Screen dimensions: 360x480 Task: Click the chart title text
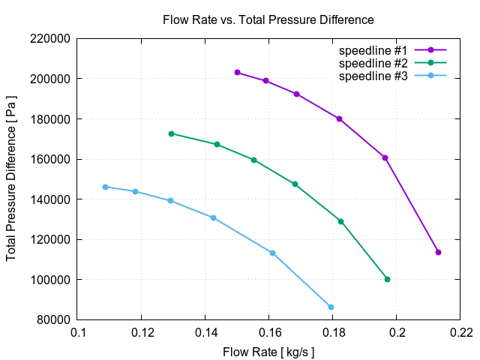(x=268, y=19)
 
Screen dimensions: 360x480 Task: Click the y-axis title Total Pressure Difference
(x=12, y=178)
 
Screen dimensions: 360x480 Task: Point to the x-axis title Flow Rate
(x=268, y=351)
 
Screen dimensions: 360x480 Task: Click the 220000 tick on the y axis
(x=49, y=38)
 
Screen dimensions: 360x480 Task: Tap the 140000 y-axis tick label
(x=49, y=199)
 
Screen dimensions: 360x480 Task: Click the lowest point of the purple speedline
(x=438, y=252)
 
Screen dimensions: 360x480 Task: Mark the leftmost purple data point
(x=237, y=73)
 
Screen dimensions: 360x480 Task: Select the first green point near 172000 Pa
(x=171, y=133)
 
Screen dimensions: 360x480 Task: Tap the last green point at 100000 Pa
(x=387, y=279)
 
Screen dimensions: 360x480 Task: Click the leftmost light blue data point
(x=105, y=187)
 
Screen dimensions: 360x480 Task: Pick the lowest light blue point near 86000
(x=331, y=307)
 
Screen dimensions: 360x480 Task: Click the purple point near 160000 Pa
(x=385, y=157)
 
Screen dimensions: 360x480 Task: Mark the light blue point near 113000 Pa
(x=272, y=253)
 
